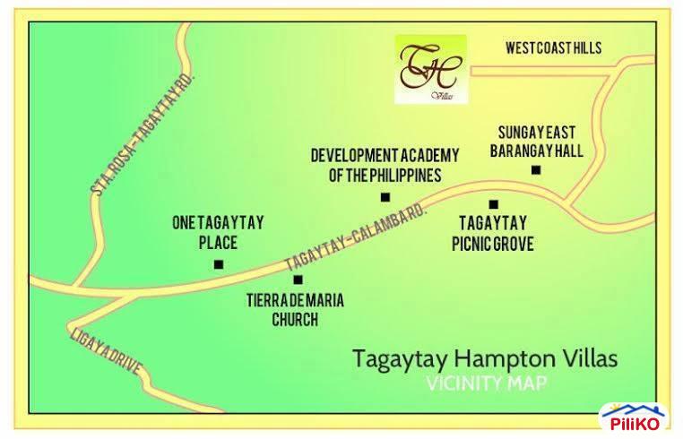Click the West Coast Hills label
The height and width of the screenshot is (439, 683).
[553, 47]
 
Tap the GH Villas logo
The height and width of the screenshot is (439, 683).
[431, 68]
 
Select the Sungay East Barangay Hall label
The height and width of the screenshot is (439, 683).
[536, 142]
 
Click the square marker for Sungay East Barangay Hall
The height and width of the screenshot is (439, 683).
[536, 169]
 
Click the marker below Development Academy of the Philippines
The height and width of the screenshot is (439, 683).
[385, 197]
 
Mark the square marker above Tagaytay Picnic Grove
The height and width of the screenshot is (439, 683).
[493, 204]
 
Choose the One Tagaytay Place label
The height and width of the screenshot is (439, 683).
[218, 232]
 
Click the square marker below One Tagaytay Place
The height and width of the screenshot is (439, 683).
[218, 263]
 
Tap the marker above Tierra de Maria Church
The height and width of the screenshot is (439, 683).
[298, 280]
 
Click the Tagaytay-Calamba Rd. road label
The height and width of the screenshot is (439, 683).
[356, 238]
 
